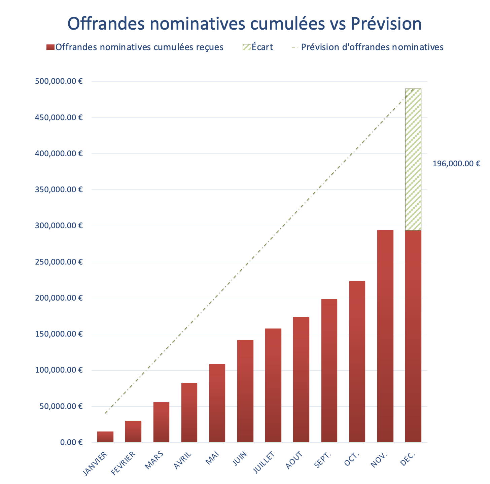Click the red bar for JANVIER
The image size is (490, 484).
pyautogui.click(x=105, y=437)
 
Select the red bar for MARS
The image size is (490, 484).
pyautogui.click(x=161, y=422)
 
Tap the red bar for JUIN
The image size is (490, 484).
pyautogui.click(x=245, y=391)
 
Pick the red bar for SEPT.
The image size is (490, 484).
pyautogui.click(x=329, y=370)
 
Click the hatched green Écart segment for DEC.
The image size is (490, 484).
pyautogui.click(x=413, y=160)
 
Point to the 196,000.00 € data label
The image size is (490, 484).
pyautogui.click(x=456, y=164)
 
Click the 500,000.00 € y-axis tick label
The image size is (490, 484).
pyautogui.click(x=59, y=81)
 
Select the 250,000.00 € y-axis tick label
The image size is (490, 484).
pyautogui.click(x=59, y=262)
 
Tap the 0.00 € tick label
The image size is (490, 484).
pyautogui.click(x=71, y=442)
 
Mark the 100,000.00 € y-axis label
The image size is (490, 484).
pyautogui.click(x=59, y=370)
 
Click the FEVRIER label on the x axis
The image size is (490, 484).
pyautogui.click(x=124, y=463)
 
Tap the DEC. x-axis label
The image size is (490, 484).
pyautogui.click(x=408, y=459)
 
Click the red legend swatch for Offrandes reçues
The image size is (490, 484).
pyautogui.click(x=50, y=47)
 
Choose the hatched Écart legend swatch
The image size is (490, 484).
pyautogui.click(x=246, y=47)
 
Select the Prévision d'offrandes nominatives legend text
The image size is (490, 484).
pyautogui.click(x=372, y=47)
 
